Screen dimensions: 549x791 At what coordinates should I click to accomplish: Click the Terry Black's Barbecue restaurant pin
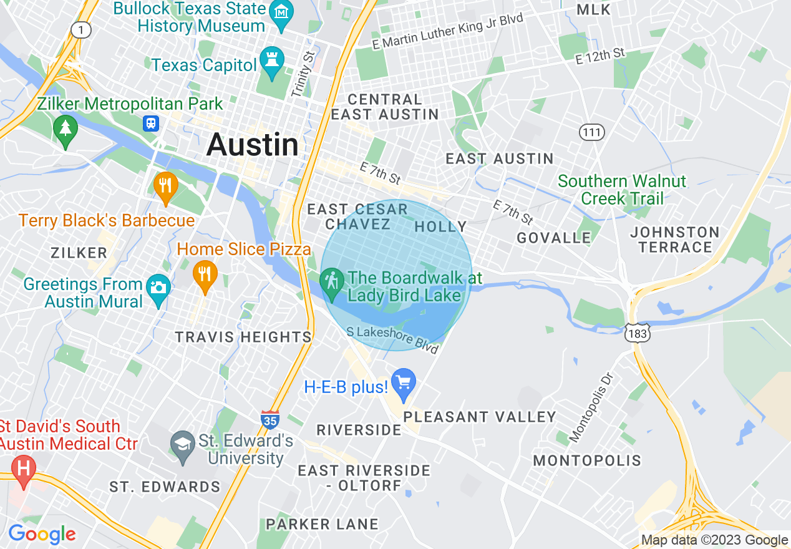pos(166,186)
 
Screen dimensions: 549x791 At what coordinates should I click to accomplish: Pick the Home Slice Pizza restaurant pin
pos(205,274)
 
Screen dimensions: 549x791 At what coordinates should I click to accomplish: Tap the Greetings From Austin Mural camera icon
pos(158,288)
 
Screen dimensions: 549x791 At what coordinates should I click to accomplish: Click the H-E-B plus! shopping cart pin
pos(404,382)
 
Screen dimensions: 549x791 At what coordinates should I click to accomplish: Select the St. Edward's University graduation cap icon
pos(183,445)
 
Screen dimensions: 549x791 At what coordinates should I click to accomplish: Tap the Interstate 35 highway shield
pos(270,419)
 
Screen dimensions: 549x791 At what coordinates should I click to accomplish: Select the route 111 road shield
pos(590,132)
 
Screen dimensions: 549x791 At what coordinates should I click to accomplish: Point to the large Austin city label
pos(252,145)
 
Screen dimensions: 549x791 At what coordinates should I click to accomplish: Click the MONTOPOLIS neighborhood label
pos(587,461)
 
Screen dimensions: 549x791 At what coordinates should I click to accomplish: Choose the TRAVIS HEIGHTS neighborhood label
pos(243,338)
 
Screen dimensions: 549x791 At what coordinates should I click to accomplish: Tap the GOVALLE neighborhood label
pos(554,238)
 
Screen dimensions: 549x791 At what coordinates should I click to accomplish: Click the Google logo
pos(42,535)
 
